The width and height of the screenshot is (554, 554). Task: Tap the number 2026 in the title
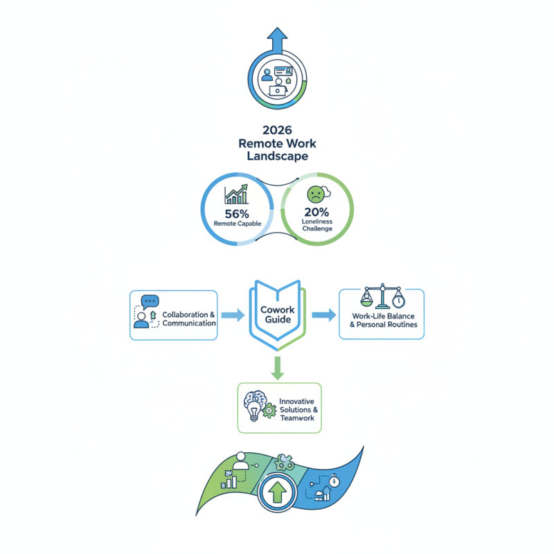pos(277,129)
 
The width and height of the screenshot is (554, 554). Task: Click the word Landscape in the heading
pos(277,157)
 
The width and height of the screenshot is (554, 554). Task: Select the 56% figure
pos(237,213)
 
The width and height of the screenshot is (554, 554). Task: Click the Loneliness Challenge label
pos(317,225)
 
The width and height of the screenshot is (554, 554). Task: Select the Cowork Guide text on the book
pos(277,314)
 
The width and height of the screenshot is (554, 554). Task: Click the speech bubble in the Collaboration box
pos(150,302)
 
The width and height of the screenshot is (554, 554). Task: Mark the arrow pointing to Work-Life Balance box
pos(322,316)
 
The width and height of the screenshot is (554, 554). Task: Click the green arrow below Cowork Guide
pos(277,368)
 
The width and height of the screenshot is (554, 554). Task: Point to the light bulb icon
pos(254,413)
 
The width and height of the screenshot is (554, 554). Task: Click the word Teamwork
pos(298,419)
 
